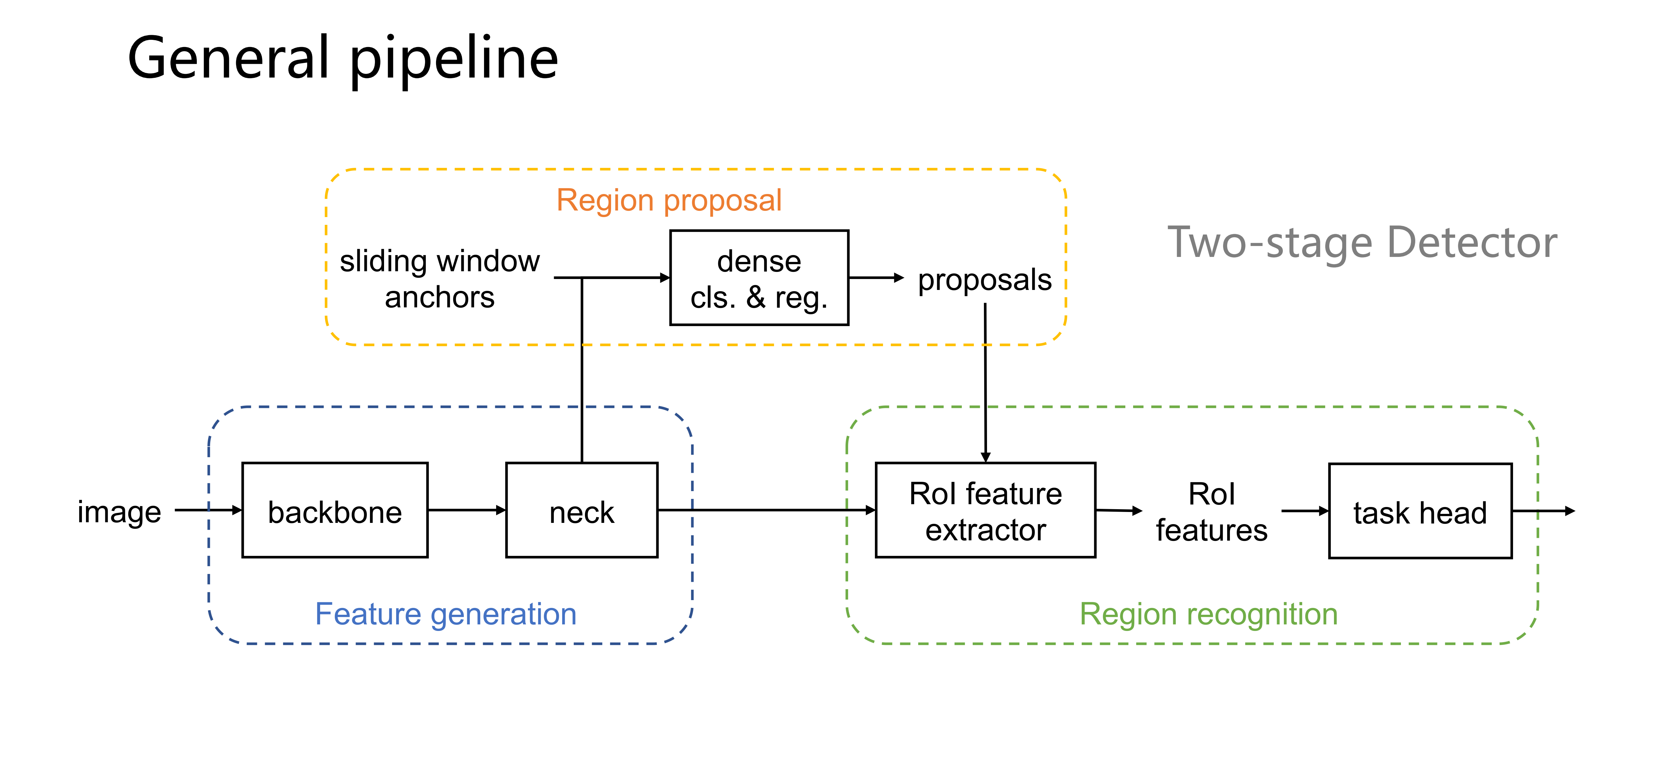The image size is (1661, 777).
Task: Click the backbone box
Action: (335, 510)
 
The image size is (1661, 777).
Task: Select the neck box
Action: (581, 510)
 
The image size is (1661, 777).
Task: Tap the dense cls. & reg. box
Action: (759, 278)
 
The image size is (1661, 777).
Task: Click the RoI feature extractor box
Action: (985, 510)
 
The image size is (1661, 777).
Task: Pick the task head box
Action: (1420, 511)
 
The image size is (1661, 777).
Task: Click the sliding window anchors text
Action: (440, 278)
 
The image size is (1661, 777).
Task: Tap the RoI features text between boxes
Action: (1211, 512)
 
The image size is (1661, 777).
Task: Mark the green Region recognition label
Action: (1208, 614)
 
